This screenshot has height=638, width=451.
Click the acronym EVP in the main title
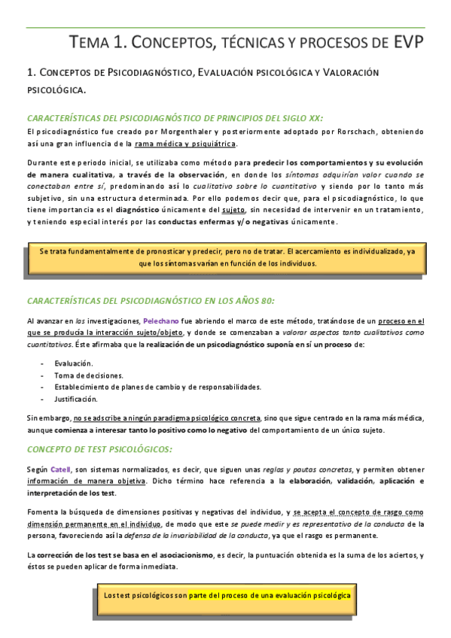pyautogui.click(x=405, y=43)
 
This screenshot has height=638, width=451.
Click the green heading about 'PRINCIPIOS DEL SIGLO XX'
pyautogui.click(x=175, y=117)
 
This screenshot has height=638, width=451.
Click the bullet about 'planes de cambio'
pyautogui.click(x=157, y=387)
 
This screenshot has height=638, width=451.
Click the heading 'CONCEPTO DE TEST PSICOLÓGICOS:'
pyautogui.click(x=99, y=449)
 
